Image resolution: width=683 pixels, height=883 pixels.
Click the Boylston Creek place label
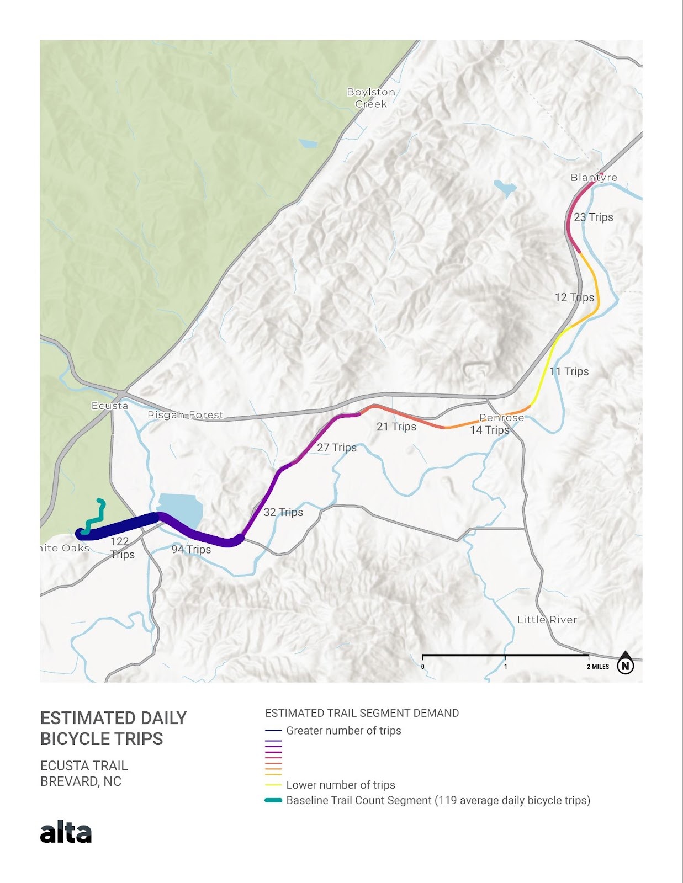coord(371,98)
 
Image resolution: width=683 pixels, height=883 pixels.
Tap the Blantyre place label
coord(594,177)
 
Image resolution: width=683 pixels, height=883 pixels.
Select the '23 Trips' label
coord(594,217)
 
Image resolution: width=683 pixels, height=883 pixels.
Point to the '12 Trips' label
coord(574,297)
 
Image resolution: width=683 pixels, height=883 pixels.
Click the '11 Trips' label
coord(569,371)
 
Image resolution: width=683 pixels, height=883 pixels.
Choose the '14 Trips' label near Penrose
coord(489,430)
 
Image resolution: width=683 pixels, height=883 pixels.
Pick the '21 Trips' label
coord(396,427)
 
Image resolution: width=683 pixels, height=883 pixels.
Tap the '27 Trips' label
coord(337,448)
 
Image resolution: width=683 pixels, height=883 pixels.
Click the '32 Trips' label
coord(283,512)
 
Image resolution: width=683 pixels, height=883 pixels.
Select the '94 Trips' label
coord(191,549)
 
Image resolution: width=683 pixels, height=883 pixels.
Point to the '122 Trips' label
coord(121,547)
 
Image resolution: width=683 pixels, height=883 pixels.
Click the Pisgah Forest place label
coord(186,415)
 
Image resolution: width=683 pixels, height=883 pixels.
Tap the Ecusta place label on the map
coord(110,406)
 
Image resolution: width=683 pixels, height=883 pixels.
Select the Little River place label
coord(547,620)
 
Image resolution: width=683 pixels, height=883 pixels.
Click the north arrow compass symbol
coord(625,664)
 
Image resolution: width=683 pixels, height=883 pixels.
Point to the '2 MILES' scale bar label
coord(598,667)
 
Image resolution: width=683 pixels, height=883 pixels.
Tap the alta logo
coord(66,832)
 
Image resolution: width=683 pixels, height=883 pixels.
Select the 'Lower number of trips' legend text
coord(341,785)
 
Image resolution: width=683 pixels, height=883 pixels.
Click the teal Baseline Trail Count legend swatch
coord(273,800)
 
